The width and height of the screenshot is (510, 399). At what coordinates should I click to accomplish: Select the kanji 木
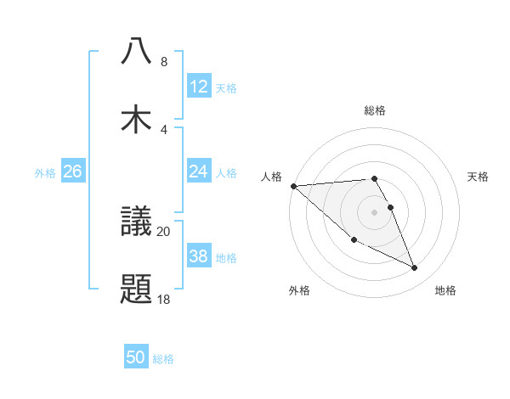(137, 119)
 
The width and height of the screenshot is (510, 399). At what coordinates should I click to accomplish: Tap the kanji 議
(137, 222)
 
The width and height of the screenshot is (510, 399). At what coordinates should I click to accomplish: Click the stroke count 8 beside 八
(164, 62)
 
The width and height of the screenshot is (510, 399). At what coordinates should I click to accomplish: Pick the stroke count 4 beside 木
(164, 130)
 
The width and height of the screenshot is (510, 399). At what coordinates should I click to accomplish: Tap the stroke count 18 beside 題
(164, 300)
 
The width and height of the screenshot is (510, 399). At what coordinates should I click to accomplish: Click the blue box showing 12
(198, 86)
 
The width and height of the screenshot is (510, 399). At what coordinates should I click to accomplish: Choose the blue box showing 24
(198, 171)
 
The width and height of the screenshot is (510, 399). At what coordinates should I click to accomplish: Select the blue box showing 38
(198, 256)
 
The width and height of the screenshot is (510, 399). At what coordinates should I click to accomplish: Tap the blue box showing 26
(72, 171)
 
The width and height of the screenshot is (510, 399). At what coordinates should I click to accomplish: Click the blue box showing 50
(136, 357)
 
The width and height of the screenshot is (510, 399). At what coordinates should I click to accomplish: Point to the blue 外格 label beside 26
(45, 173)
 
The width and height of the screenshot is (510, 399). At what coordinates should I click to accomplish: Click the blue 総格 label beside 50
(163, 359)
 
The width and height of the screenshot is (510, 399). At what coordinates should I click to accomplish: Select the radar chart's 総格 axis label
(375, 110)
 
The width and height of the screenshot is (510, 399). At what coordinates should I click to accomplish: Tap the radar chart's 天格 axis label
(478, 177)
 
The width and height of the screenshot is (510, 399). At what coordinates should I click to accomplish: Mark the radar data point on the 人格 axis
(293, 185)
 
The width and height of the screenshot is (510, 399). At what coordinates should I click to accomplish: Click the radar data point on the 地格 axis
(415, 268)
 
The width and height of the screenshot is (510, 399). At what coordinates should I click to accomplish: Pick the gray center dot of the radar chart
(375, 211)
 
